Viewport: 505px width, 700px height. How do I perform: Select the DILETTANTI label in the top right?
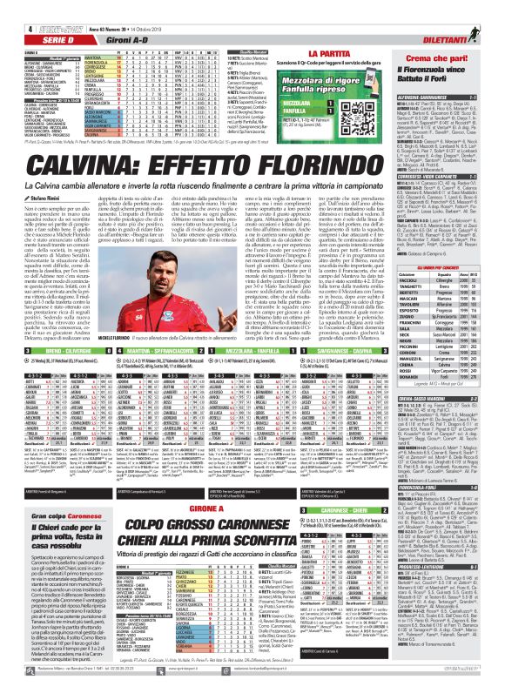471,20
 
